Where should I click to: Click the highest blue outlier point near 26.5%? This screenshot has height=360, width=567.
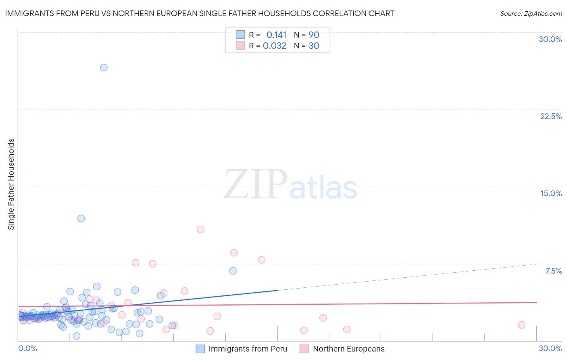click(104, 67)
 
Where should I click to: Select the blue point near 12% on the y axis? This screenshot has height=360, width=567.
click(81, 218)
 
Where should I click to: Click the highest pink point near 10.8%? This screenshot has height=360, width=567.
click(200, 230)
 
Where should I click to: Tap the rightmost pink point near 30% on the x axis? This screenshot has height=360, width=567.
click(521, 325)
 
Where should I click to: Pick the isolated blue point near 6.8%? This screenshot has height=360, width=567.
click(233, 271)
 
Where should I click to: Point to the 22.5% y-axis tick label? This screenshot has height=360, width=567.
click(551, 116)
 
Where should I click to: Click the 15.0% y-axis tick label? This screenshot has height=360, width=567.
click(551, 193)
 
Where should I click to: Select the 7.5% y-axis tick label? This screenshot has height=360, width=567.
click(553, 271)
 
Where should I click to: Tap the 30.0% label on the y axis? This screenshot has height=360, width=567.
click(550, 39)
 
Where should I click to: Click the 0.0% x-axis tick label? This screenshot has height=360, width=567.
click(27, 348)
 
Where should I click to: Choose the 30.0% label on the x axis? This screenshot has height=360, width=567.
click(550, 348)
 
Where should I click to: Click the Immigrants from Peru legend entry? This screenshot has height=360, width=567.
click(248, 349)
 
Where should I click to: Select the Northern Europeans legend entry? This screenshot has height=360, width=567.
click(348, 349)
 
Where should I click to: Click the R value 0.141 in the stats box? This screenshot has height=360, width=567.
click(276, 35)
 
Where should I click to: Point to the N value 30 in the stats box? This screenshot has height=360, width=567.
click(314, 46)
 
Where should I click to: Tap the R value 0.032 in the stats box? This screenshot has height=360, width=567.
click(275, 46)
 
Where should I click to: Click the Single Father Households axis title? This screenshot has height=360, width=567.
click(11, 184)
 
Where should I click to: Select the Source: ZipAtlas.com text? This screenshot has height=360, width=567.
click(531, 13)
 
